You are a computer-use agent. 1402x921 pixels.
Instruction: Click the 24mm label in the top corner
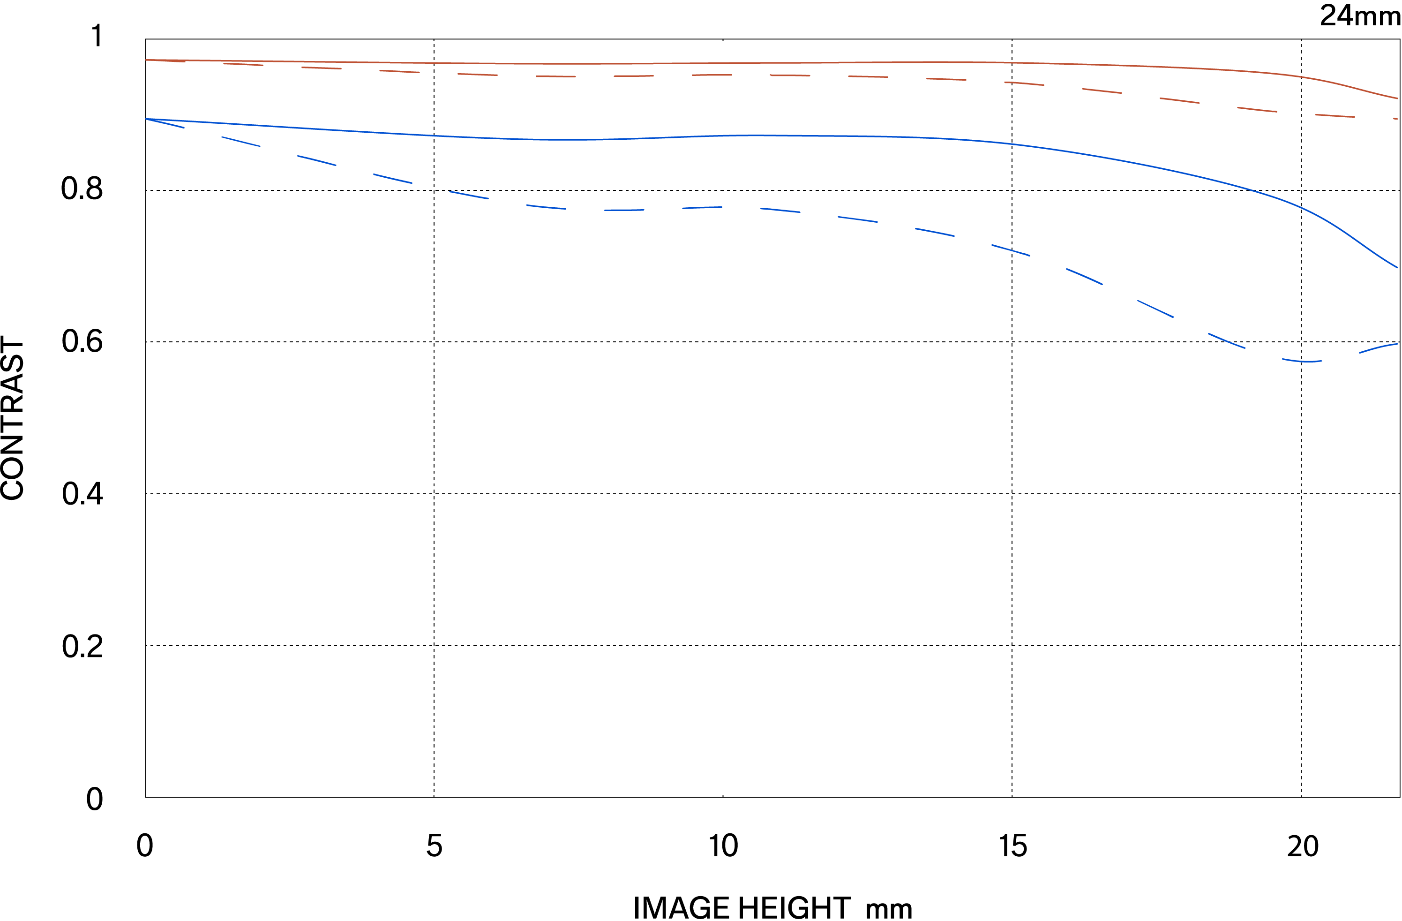pos(1360,16)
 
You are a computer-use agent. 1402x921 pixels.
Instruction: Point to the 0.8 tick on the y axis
pos(82,189)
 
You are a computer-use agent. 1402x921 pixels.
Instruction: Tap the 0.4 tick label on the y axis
pos(82,493)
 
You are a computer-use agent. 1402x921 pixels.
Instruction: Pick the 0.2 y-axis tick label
pos(82,646)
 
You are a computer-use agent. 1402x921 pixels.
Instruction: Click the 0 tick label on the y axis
pos(94,799)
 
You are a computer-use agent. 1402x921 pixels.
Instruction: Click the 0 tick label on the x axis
pos(145,846)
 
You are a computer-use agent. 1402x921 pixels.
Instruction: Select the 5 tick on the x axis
pos(434,846)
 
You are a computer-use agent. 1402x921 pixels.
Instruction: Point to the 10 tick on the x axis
pos(723,846)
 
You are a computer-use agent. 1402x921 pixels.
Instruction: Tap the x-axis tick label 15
pos(1012,846)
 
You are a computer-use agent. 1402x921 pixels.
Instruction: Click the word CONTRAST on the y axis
pos(13,418)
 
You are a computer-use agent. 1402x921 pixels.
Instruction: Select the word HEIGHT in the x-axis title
pos(794,907)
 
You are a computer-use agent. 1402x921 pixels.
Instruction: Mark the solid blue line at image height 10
pos(723,136)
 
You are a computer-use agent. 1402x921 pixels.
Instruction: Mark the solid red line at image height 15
pos(1012,62)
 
